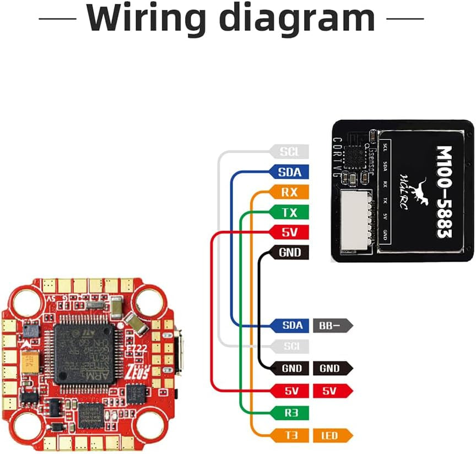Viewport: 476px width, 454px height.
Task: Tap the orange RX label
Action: coord(289,192)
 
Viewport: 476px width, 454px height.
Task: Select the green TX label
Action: coord(289,212)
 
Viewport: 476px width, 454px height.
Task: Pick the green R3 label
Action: coord(289,412)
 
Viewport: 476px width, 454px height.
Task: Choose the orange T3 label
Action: coord(289,436)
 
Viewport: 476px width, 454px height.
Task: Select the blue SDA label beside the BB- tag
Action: coord(289,325)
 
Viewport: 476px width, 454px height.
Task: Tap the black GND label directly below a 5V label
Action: coord(289,252)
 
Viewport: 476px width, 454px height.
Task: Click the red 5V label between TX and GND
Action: coord(289,232)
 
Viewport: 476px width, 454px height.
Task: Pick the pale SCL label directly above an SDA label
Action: coord(289,152)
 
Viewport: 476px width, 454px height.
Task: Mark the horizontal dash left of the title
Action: coord(57,18)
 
